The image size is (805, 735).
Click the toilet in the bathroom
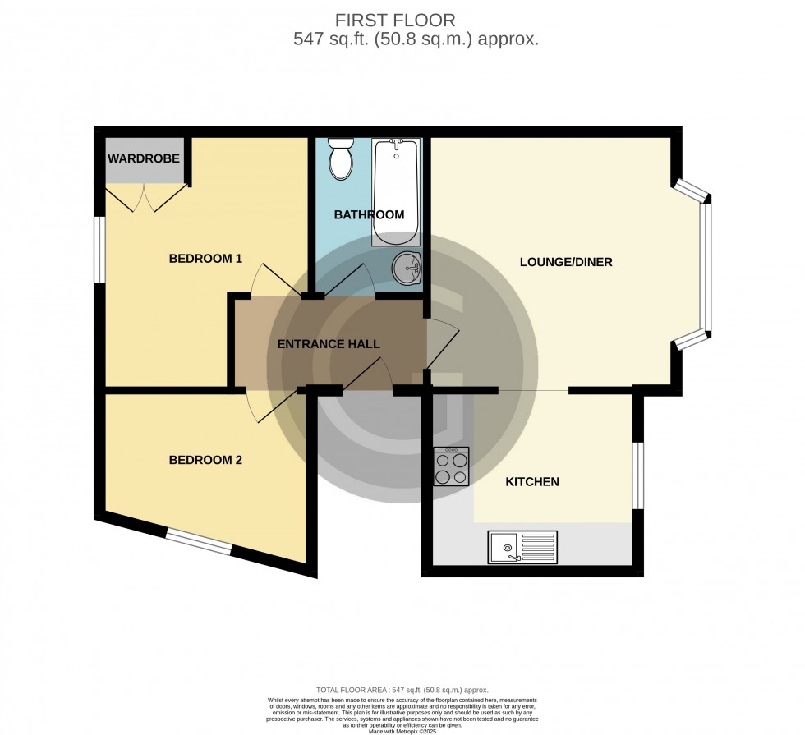coord(340,158)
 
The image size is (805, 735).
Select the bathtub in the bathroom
coord(396,192)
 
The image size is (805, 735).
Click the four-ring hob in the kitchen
coord(451,466)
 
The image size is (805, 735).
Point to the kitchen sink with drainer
coord(522,547)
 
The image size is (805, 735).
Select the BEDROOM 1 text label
coord(205,259)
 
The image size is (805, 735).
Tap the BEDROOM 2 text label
coord(205,460)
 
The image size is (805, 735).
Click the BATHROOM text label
coord(369,215)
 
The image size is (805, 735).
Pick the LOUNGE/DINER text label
coord(566,263)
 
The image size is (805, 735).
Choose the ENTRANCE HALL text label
coord(329,344)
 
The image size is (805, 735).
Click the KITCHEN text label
coord(532,482)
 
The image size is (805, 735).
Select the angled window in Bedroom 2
coord(199,543)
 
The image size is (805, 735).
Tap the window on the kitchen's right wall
coord(637,475)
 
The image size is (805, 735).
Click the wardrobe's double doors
coord(145,198)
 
